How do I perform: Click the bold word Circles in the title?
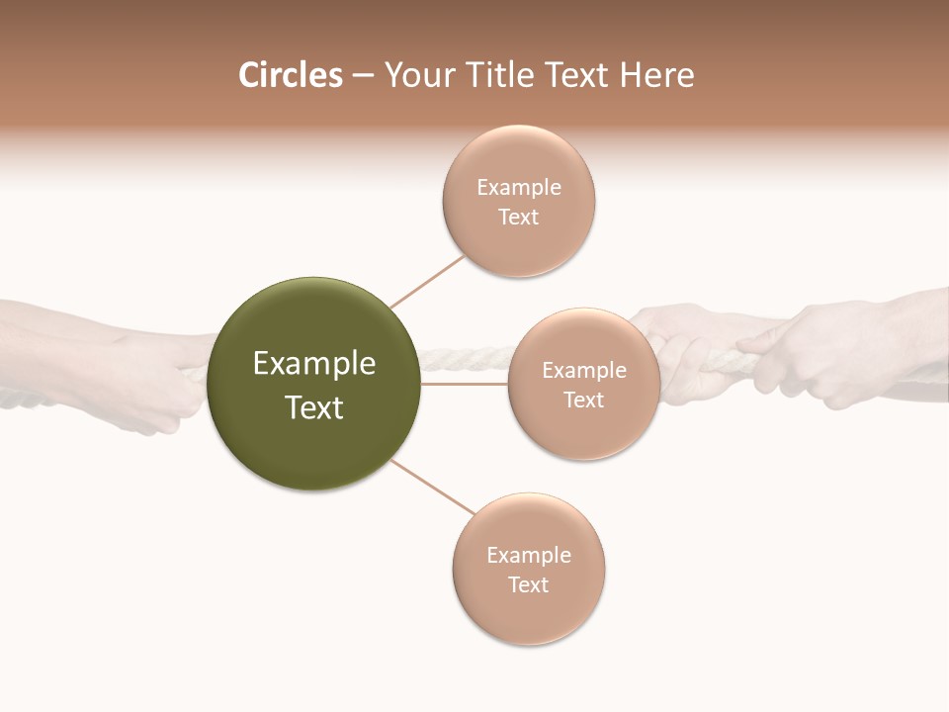(291, 75)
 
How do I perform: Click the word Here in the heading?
(656, 75)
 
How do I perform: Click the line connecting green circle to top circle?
(427, 281)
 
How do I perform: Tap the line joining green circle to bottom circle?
(432, 487)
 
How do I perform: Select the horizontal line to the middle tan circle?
(464, 384)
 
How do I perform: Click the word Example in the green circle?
(314, 364)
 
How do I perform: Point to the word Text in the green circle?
(314, 407)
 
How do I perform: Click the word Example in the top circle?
(519, 188)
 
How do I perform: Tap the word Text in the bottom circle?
(528, 585)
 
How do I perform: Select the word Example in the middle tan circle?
(584, 371)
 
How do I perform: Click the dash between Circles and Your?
(363, 75)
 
